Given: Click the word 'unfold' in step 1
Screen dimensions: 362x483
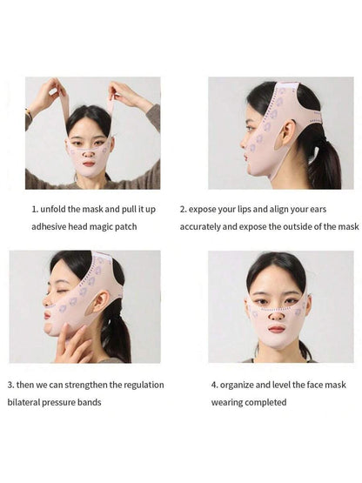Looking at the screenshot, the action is [53, 210].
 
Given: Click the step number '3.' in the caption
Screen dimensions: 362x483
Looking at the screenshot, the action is [10, 385].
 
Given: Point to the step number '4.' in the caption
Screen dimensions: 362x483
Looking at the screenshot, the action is [214, 385].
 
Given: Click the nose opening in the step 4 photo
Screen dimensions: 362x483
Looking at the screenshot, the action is [277, 317].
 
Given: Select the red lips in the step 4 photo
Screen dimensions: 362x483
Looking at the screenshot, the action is [277, 329].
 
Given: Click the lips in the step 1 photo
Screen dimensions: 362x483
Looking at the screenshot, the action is [89, 164].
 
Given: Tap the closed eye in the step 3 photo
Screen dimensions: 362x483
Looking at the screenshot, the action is [64, 291].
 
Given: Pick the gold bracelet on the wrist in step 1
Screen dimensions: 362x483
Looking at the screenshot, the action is [29, 112].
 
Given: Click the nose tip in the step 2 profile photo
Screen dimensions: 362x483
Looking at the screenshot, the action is [242, 144].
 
